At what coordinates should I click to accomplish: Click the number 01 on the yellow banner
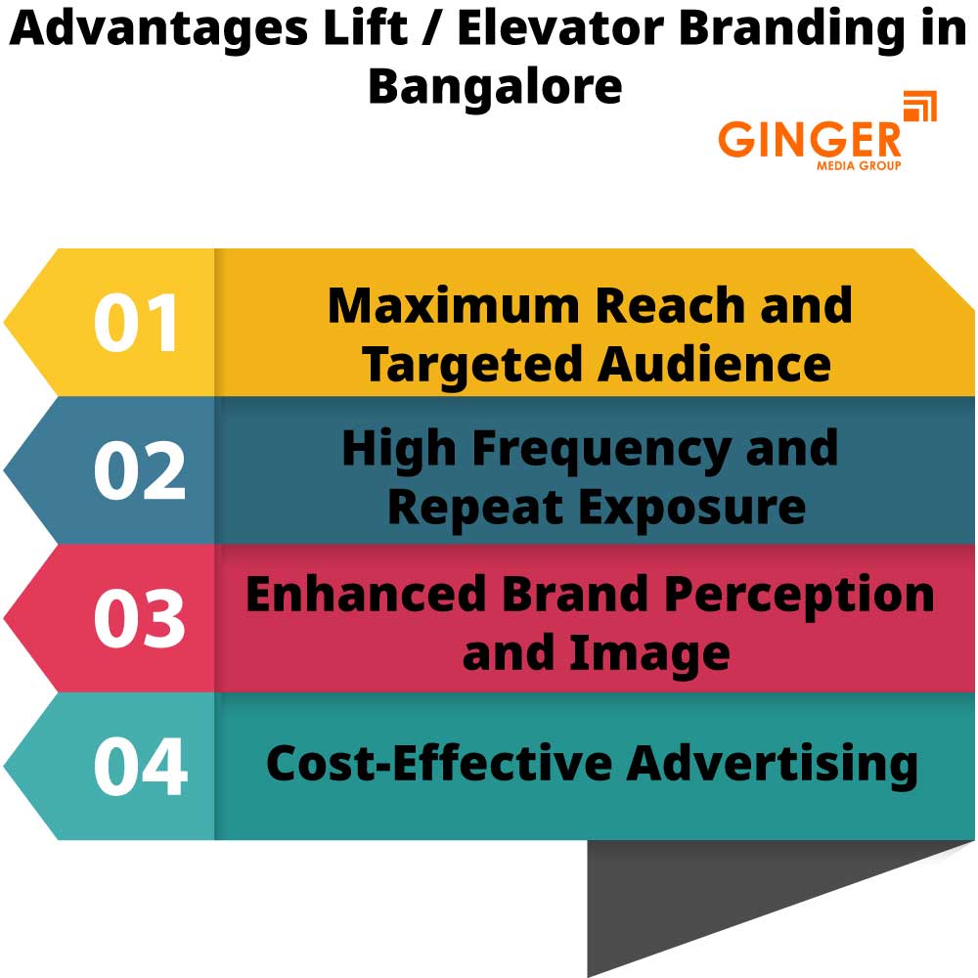coord(137,324)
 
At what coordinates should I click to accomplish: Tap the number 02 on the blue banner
coord(139,471)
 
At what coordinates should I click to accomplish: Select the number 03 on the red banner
coord(139,619)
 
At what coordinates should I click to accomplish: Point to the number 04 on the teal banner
coord(140,767)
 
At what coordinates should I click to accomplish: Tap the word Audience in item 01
coord(714,364)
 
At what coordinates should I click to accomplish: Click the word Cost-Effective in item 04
coord(438,763)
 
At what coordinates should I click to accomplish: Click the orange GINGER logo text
coord(810,139)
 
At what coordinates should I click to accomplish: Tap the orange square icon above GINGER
coord(919,106)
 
